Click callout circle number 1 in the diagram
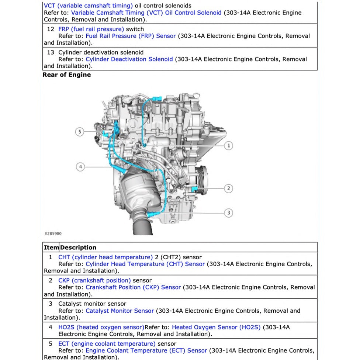[x=229, y=146]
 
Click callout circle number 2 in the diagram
[x=229, y=188]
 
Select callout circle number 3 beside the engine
[x=229, y=212]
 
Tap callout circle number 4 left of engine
[x=80, y=167]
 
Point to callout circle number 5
[x=80, y=131]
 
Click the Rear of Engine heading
[x=67, y=75]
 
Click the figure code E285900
[x=53, y=233]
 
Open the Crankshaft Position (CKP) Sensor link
[x=133, y=287]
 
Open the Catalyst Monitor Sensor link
[x=120, y=311]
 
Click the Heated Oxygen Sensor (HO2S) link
[x=216, y=327]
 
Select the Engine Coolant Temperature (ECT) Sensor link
[x=146, y=350]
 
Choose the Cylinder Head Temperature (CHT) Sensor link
[x=145, y=264]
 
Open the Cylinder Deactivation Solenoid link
[x=129, y=59]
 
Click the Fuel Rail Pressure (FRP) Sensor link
[x=131, y=36]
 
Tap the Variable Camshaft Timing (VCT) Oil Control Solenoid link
[x=146, y=13]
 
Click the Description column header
[x=78, y=247]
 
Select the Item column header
[x=51, y=247]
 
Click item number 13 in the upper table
[x=51, y=52]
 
